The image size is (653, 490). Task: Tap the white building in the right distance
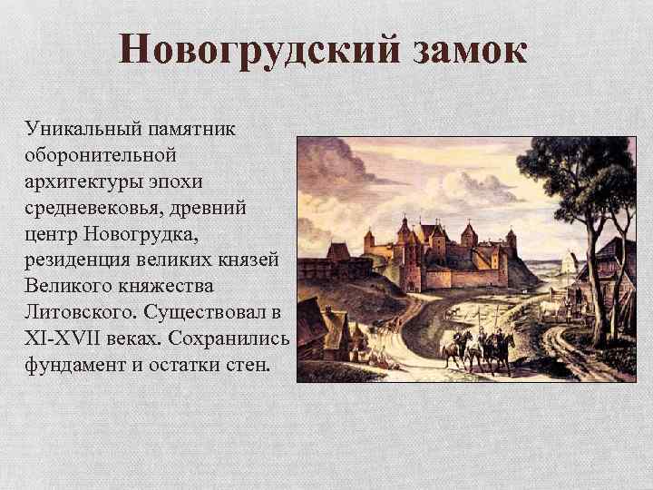570,263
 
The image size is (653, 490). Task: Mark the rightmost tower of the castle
512,246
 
